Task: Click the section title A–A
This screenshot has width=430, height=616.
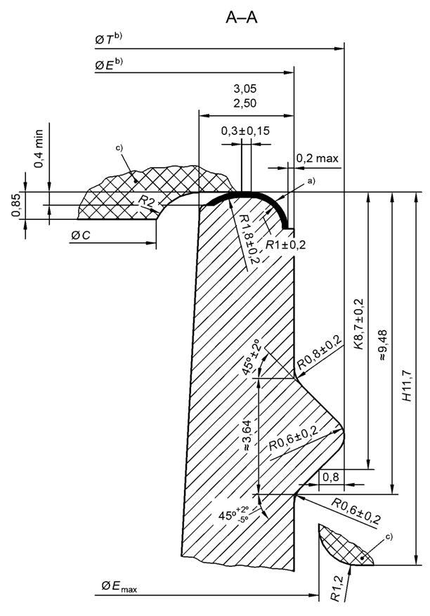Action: (241, 17)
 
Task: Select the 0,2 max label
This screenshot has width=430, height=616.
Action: (317, 159)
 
